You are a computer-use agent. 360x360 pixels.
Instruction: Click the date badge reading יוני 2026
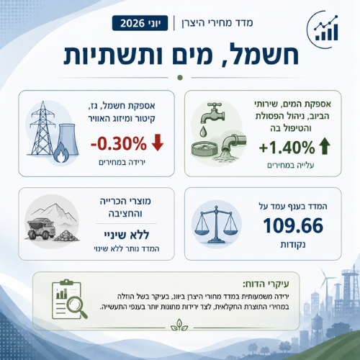(x=140, y=23)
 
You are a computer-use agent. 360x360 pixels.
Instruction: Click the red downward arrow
(x=158, y=143)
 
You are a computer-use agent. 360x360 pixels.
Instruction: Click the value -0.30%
(x=119, y=143)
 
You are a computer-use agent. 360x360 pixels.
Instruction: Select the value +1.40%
(x=287, y=147)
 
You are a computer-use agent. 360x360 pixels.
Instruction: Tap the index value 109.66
(x=293, y=225)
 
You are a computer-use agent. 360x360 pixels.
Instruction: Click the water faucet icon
(x=212, y=112)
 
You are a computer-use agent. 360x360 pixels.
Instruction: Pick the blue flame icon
(x=61, y=153)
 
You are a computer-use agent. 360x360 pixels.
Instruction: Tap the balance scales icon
(x=217, y=225)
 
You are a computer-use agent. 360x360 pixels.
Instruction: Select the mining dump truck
(x=41, y=228)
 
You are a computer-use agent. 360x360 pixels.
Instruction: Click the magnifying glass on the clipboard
(x=76, y=307)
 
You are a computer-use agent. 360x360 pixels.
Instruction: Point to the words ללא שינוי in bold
(x=127, y=235)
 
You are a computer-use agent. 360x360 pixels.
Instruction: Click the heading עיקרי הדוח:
(x=266, y=284)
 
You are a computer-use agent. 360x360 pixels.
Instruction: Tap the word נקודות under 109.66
(x=293, y=245)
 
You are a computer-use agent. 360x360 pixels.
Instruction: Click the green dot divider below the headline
(x=180, y=78)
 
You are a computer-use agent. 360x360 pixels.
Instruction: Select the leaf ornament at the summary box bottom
(x=179, y=325)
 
